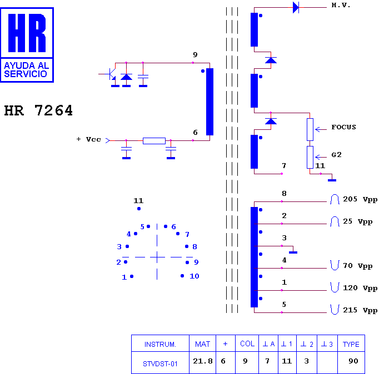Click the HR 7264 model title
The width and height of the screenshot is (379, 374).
[x=38, y=110]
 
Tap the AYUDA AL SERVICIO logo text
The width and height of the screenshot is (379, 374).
[x=27, y=70]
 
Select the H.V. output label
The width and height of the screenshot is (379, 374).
[x=341, y=5]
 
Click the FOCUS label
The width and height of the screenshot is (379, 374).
[x=343, y=127]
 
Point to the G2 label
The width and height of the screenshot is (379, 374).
[x=336, y=155]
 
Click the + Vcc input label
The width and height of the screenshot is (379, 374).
[x=88, y=139]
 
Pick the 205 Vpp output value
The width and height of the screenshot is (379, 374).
[x=360, y=199]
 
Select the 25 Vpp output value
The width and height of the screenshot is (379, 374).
[x=357, y=221]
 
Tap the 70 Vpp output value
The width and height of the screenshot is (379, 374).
[x=357, y=266]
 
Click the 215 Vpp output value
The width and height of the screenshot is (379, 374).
[x=360, y=310]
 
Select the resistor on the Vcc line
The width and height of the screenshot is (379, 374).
[x=154, y=141]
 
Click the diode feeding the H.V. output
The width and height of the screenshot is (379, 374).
[x=296, y=7]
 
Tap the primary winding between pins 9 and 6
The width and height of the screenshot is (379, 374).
[x=210, y=102]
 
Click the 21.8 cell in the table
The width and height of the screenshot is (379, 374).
[x=202, y=361]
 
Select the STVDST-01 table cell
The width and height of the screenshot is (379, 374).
[x=160, y=363]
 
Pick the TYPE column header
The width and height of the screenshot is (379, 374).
[x=351, y=345]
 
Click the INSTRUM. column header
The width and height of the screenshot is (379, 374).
[x=160, y=345]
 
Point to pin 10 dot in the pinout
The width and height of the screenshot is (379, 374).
[x=182, y=276]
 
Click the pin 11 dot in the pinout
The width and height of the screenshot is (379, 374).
[x=139, y=209]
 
